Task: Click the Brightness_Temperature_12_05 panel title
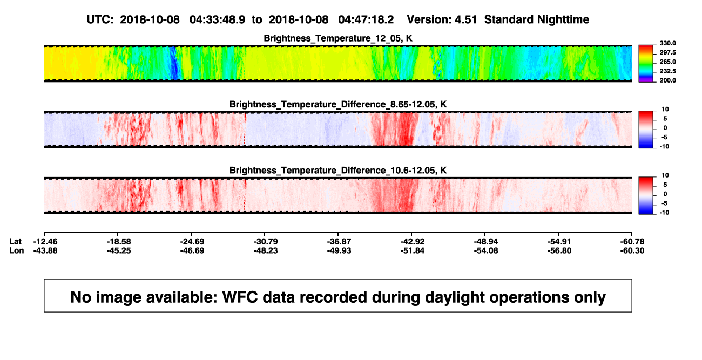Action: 338,38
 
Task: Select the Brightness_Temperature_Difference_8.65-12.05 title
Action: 338,104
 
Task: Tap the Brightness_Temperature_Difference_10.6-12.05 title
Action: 338,171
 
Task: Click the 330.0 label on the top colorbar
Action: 667,43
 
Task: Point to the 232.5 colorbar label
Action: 667,71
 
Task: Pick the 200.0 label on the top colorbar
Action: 667,80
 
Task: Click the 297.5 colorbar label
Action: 667,53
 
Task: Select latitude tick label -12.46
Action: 45,242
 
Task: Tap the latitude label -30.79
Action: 266,242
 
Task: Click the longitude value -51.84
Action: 412,250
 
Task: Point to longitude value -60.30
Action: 632,250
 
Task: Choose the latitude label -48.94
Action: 486,242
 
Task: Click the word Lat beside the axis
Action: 15,242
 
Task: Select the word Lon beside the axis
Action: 16,250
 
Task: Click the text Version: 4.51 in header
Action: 442,19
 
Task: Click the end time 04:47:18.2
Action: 366,19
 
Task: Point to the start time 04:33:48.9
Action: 217,19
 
